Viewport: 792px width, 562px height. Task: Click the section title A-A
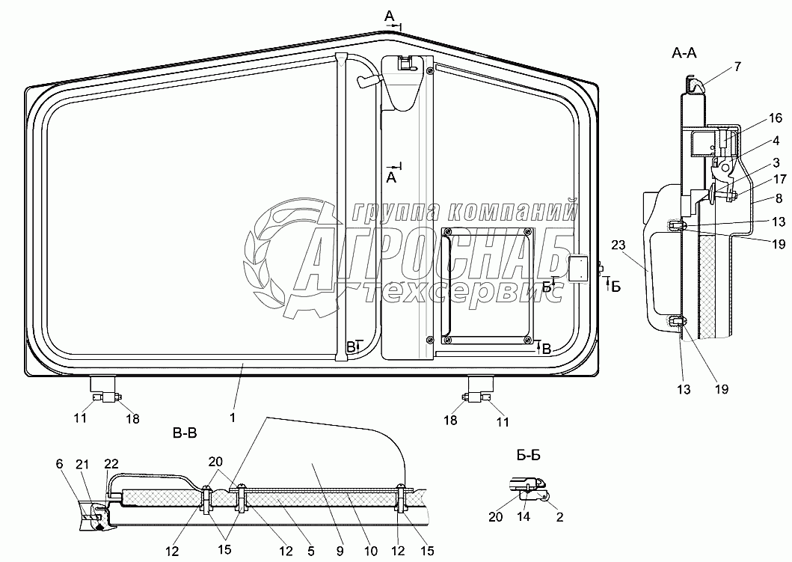pos(684,52)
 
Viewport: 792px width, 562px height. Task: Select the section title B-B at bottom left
pos(185,433)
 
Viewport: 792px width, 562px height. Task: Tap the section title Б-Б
pos(528,455)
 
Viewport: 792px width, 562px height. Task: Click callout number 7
pos(737,66)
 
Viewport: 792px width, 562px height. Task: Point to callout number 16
pos(776,118)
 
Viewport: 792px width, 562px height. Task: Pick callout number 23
pos(618,245)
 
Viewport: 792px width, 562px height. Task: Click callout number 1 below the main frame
pos(233,418)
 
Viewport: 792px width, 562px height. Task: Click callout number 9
pos(340,550)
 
